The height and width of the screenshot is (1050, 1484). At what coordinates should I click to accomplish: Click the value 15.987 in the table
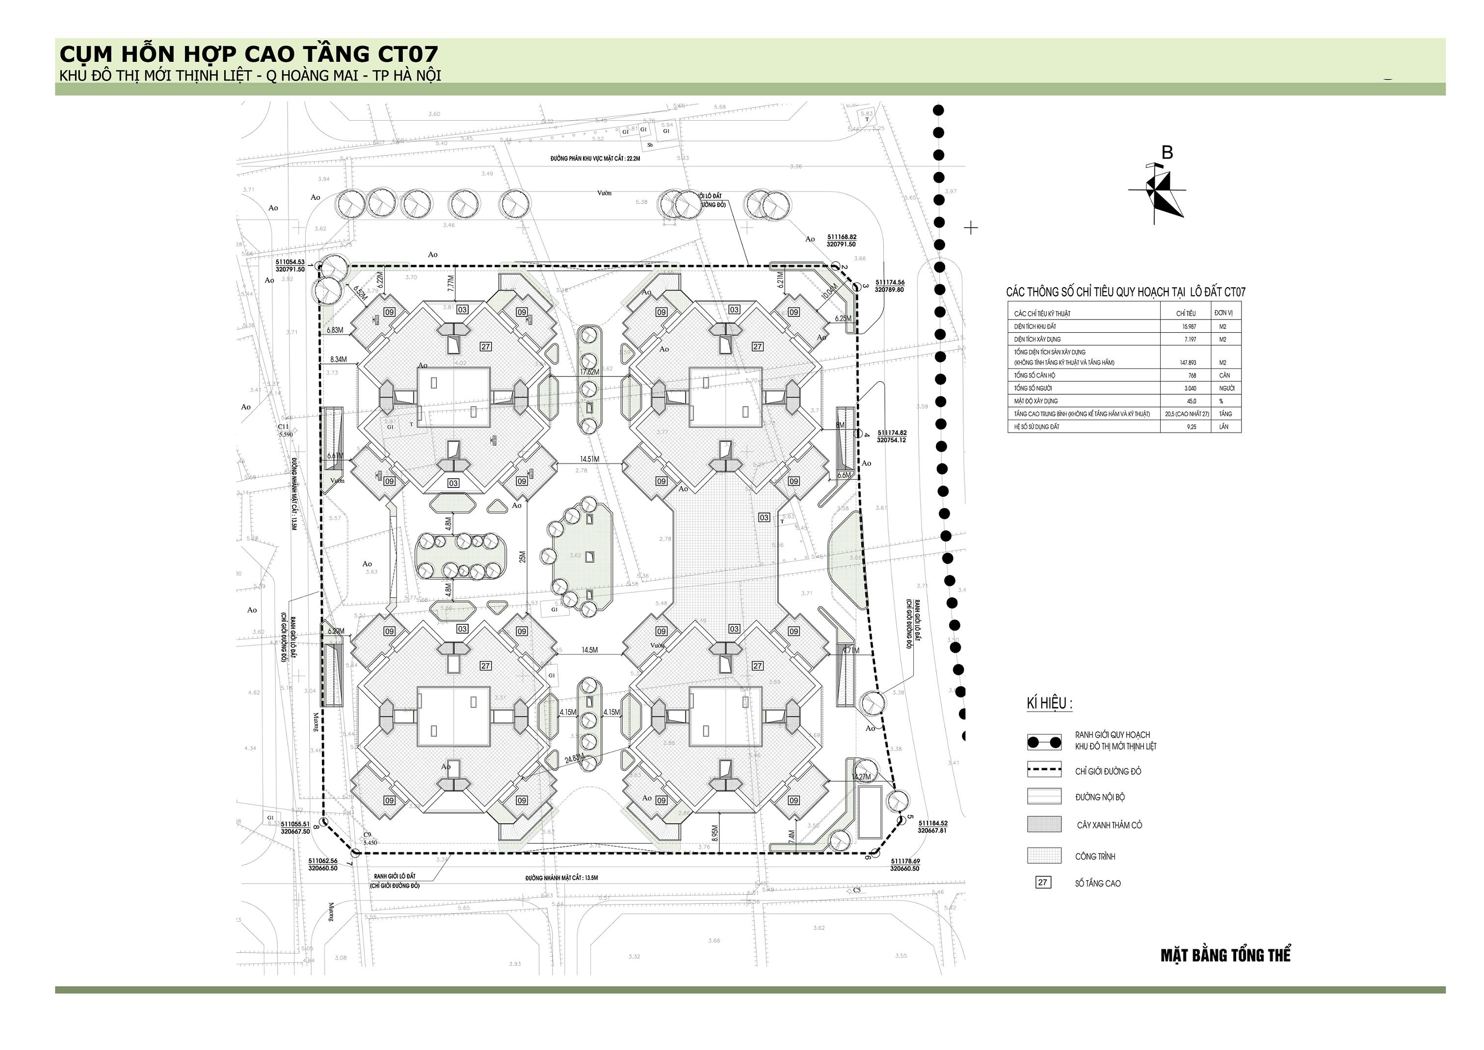click(1190, 326)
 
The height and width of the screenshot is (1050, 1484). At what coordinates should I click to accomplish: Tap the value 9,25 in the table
click(1191, 427)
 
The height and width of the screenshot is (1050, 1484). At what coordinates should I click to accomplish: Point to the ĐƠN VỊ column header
click(1223, 313)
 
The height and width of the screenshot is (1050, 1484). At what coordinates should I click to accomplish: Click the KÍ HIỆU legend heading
click(1050, 703)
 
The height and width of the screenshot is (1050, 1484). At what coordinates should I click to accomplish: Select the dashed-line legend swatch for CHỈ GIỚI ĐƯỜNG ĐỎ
click(1044, 771)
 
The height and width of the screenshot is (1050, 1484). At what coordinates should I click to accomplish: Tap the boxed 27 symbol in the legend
click(1042, 882)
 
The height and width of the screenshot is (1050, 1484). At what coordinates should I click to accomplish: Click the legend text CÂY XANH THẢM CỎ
click(1109, 825)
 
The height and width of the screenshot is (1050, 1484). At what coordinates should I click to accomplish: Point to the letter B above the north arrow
click(1167, 153)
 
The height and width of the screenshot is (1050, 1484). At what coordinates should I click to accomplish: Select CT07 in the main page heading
click(408, 54)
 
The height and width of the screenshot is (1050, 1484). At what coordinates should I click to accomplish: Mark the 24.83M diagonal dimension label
click(574, 758)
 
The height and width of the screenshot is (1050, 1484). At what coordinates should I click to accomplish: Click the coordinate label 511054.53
click(290, 262)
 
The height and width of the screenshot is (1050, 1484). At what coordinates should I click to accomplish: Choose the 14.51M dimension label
click(589, 459)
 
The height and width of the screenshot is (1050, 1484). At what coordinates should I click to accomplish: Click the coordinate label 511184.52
click(932, 823)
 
